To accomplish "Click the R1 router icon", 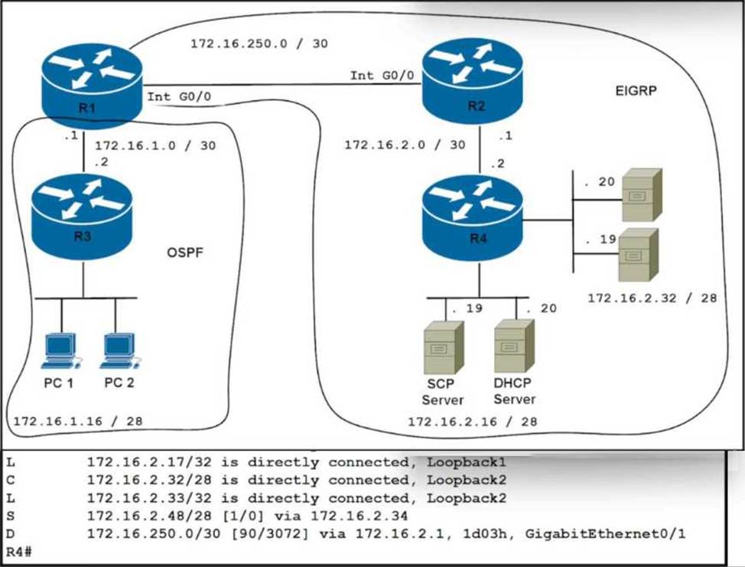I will point(93,85).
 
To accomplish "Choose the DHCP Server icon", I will point(514,346).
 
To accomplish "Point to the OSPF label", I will point(185,253).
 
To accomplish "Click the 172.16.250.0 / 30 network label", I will point(259,44).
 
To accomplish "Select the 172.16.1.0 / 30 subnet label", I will point(155,145).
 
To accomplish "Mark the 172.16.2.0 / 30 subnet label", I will point(404,144).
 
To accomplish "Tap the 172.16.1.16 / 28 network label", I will point(77,420).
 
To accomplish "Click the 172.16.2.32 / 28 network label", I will point(652,298).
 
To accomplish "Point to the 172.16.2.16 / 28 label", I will point(471,421).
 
